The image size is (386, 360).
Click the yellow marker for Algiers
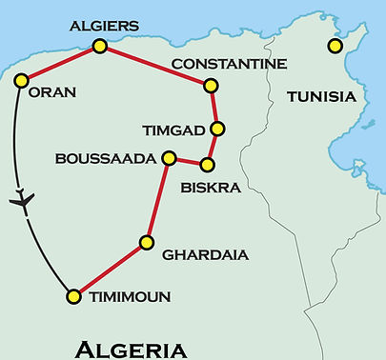click(98, 46)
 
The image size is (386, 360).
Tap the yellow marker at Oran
click(21, 80)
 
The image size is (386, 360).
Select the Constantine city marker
click(212, 86)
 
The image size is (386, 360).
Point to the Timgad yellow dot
click(218, 129)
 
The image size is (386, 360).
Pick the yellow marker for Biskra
click(207, 165)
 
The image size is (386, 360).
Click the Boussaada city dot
click(169, 157)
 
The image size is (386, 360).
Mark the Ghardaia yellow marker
click(147, 242)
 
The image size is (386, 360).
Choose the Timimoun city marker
click(73, 297)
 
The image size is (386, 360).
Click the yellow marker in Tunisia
click(334, 46)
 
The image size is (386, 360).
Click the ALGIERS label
click(100, 23)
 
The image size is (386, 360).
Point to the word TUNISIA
click(321, 97)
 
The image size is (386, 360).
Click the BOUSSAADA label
click(105, 158)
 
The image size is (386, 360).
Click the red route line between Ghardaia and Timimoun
click(110, 270)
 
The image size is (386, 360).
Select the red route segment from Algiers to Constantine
click(155, 66)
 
